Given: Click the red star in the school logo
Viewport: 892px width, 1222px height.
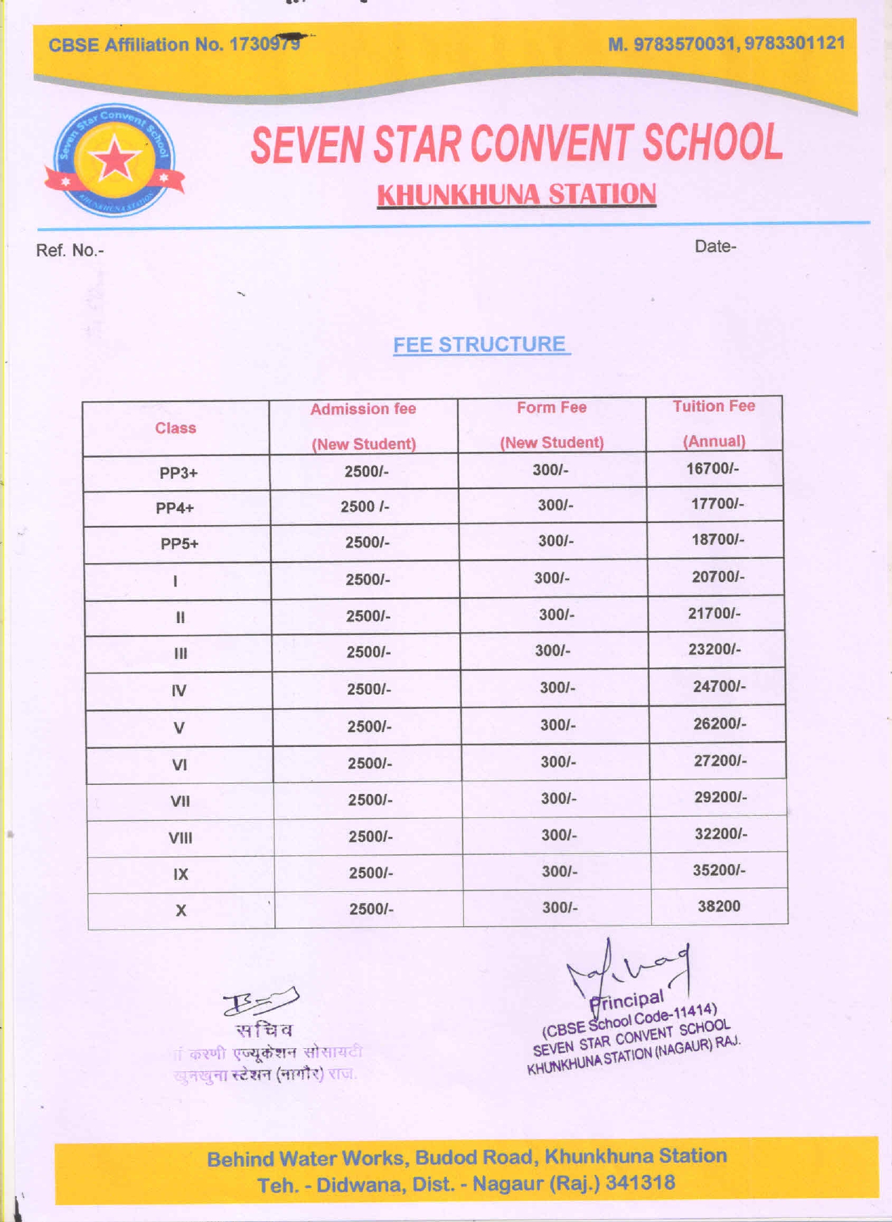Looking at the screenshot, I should click(x=114, y=160).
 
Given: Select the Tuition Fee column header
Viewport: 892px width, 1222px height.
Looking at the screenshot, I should click(x=713, y=423).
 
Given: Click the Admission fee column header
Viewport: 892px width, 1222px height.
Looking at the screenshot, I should click(x=363, y=426).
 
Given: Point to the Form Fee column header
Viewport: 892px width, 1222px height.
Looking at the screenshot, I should click(x=551, y=424).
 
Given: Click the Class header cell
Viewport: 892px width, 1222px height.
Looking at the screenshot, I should click(x=175, y=428).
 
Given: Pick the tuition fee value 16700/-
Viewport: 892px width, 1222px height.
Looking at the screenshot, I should click(x=712, y=469).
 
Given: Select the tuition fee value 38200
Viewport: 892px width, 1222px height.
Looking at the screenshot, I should click(x=719, y=906).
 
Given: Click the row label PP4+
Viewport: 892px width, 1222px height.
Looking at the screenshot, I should click(x=175, y=508).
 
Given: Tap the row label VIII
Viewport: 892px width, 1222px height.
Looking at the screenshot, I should click(x=180, y=838).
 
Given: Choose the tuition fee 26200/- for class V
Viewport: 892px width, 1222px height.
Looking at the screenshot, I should click(x=720, y=724).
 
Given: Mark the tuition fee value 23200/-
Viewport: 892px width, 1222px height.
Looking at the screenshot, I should click(x=714, y=649).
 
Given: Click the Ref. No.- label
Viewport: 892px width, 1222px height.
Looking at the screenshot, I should click(x=70, y=251).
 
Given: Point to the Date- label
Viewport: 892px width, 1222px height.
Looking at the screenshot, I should click(x=715, y=246).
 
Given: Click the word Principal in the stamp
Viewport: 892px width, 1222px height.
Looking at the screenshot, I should click(x=627, y=1000).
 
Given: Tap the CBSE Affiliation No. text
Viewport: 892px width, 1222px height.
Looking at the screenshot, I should click(x=174, y=44).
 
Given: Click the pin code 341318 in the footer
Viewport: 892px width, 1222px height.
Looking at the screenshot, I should click(x=640, y=1182).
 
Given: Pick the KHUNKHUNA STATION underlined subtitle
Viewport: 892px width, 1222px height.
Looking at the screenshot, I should click(x=516, y=194).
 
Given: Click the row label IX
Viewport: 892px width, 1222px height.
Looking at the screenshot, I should click(x=181, y=874).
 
